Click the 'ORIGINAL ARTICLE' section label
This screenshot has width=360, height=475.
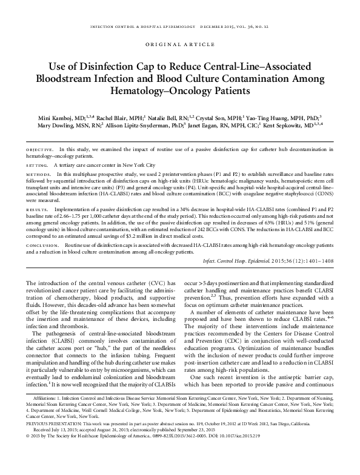click(180, 44)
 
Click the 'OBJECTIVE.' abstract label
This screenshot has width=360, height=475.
click(39, 149)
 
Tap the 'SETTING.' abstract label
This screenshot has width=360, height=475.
click(38, 164)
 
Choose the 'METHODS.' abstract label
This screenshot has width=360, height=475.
click(39, 173)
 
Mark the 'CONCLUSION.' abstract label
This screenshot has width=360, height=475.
click(42, 243)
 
